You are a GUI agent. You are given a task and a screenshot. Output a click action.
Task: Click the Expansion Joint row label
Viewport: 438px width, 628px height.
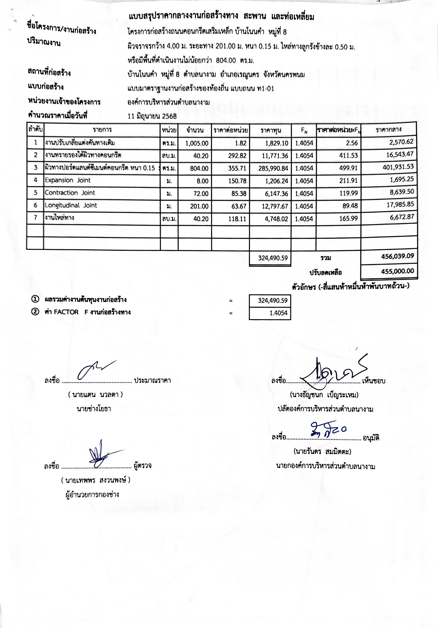[x=68, y=180]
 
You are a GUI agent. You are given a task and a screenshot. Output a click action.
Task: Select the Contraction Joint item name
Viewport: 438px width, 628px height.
[x=70, y=193]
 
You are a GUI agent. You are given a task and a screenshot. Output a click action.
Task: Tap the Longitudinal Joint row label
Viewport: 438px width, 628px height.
[x=71, y=205]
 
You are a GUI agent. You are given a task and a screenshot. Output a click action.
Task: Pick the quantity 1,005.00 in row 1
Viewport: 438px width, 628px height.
[x=197, y=143]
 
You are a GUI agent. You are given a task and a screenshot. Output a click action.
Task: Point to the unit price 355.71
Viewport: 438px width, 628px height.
[x=237, y=168]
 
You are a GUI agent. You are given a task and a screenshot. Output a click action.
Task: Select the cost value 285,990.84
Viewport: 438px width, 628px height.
[x=273, y=168]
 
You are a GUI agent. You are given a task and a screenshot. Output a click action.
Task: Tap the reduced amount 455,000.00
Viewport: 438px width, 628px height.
[x=397, y=271]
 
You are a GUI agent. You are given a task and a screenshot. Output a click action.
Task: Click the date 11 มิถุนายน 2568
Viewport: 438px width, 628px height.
[x=152, y=116]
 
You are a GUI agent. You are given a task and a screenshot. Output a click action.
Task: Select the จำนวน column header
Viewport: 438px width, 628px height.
[x=195, y=130]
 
